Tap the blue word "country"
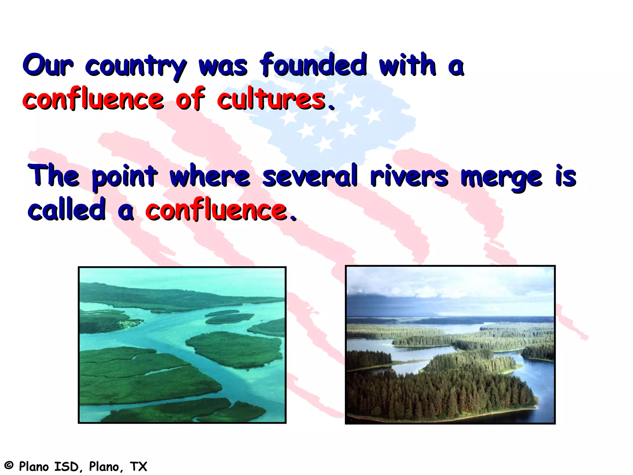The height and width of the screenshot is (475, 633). coord(136,66)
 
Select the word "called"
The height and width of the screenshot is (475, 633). coord(67,210)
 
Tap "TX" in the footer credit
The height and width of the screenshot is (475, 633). coord(138,466)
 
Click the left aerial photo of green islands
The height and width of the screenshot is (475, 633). coord(182,345)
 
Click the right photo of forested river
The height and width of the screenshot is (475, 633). coord(450,344)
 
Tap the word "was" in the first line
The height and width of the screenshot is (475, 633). coord(223,66)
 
